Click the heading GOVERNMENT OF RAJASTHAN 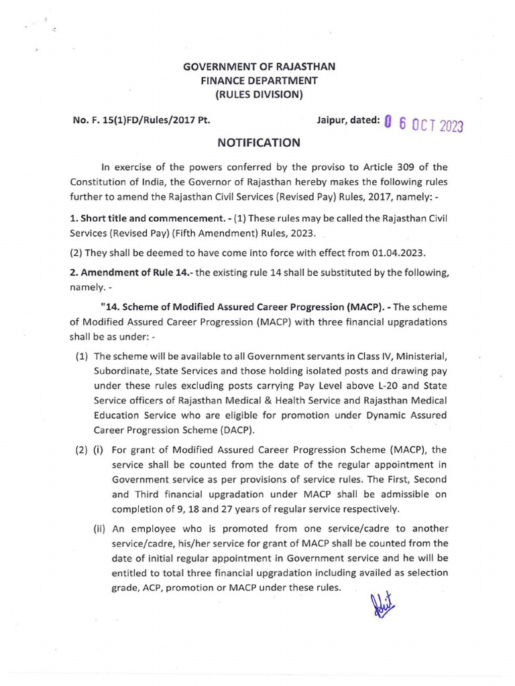click(x=260, y=67)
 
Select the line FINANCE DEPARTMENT click(x=260, y=80)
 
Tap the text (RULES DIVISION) click(x=260, y=94)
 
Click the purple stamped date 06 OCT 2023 click(x=424, y=125)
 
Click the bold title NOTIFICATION click(x=260, y=143)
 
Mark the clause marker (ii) click(x=101, y=528)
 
